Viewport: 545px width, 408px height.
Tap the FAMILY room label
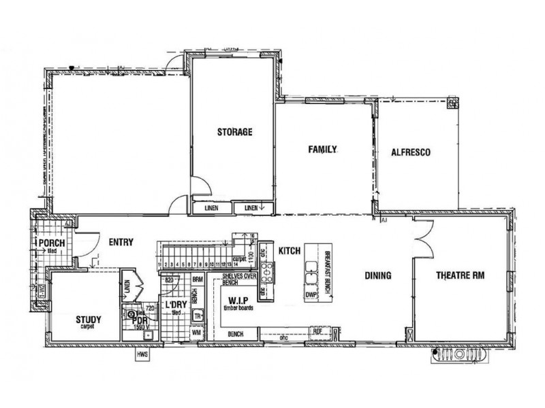[x=324, y=149]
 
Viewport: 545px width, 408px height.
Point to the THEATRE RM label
[x=461, y=275]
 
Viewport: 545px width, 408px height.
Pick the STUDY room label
[x=89, y=318]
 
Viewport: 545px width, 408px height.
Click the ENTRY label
[x=121, y=241]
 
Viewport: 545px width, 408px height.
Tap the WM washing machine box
[x=197, y=333]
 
